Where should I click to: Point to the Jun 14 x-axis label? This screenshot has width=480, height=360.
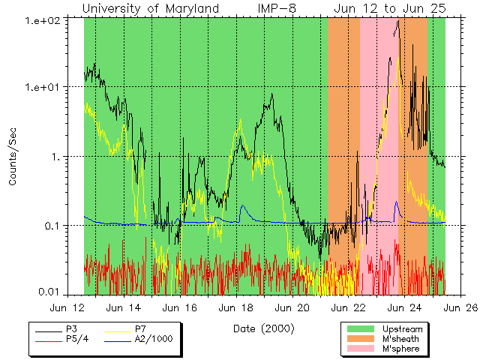click(x=124, y=307)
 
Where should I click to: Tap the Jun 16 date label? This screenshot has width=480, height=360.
click(x=181, y=307)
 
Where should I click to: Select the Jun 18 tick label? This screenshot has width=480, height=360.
click(x=238, y=307)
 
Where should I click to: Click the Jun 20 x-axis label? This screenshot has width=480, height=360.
click(x=294, y=307)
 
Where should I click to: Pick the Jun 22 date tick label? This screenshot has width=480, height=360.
click(x=351, y=307)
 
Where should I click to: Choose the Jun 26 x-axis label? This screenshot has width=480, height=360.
click(x=459, y=307)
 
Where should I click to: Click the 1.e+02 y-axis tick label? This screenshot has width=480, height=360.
click(x=43, y=18)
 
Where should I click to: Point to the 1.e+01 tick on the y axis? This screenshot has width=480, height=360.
click(x=43, y=87)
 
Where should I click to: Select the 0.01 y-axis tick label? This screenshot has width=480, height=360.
click(x=49, y=295)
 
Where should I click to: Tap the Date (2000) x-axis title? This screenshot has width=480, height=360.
click(x=263, y=328)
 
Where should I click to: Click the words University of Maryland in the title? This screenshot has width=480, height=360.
click(x=150, y=8)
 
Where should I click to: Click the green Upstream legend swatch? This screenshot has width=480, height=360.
click(x=361, y=329)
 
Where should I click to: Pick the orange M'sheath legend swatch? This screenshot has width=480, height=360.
click(x=361, y=339)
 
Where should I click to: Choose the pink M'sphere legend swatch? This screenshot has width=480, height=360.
click(x=361, y=349)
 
